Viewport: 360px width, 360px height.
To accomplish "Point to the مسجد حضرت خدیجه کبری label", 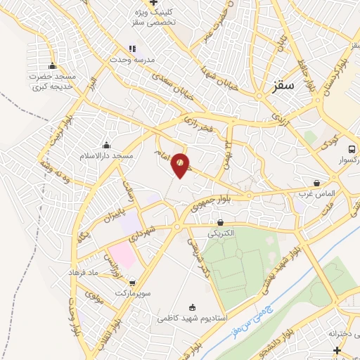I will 52,82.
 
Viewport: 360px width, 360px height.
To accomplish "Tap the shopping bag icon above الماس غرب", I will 317,183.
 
